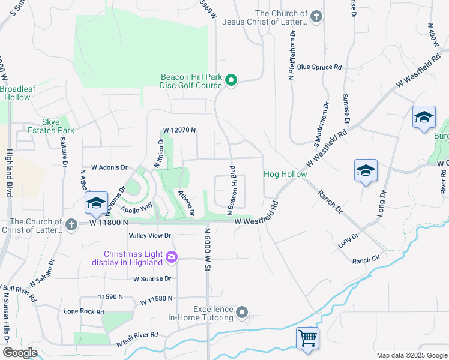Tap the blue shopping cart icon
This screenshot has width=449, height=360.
(x=307, y=338)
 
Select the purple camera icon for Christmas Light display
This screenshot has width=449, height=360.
(x=172, y=257)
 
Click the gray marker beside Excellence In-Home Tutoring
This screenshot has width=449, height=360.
(x=242, y=312)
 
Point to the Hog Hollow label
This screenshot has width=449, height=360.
(x=285, y=175)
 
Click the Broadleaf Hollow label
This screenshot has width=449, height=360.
(x=17, y=93)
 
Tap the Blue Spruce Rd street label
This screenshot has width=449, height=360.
(x=319, y=67)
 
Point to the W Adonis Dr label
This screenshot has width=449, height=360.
(x=110, y=167)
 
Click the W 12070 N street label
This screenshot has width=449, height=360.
(x=180, y=130)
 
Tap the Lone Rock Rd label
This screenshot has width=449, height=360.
(x=84, y=312)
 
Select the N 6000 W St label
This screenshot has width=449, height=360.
(x=205, y=248)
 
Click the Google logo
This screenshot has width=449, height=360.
(x=19, y=353)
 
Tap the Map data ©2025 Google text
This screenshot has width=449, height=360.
(x=411, y=355)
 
